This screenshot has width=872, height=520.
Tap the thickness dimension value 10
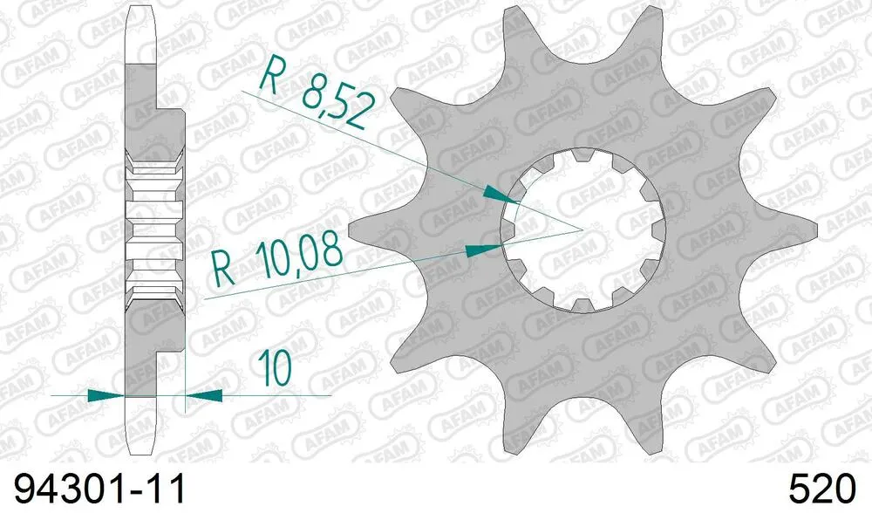(275, 369)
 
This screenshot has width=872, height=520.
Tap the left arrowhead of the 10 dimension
(104, 394)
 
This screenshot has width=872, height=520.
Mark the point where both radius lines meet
(582, 229)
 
